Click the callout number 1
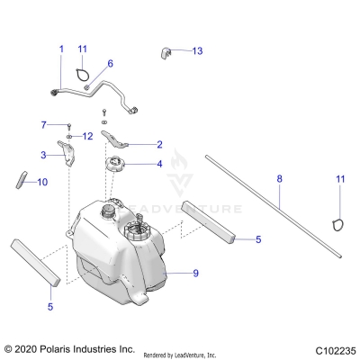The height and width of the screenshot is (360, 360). pyautogui.click(x=61, y=48)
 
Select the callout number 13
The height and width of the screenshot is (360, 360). pyautogui.click(x=197, y=51)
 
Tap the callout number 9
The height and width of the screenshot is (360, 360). pyautogui.click(x=196, y=271)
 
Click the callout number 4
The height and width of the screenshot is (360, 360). pyautogui.click(x=159, y=164)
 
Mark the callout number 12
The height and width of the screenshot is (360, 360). pyautogui.click(x=87, y=136)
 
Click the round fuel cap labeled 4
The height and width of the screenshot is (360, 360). pyautogui.click(x=115, y=166)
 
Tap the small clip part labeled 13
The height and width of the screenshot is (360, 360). pyautogui.click(x=168, y=53)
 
